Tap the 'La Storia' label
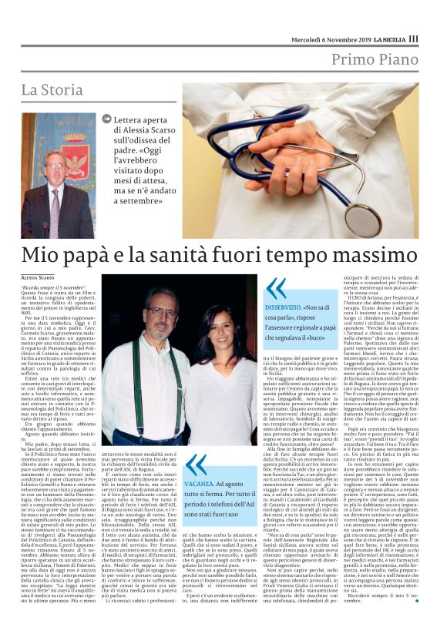(x=52, y=89)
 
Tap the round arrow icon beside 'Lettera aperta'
(x=106, y=119)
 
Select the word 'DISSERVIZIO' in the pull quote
(x=290, y=306)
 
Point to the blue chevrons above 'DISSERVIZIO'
(x=275, y=288)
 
